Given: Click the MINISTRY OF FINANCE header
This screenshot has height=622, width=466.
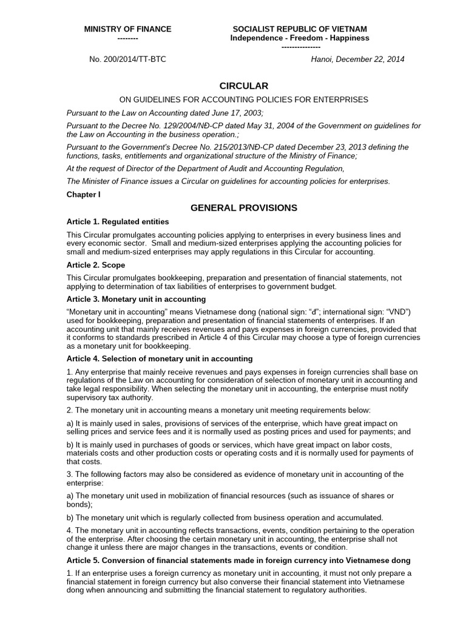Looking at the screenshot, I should click(127, 29).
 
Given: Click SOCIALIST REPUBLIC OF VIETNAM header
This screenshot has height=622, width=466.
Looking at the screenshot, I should click(300, 29).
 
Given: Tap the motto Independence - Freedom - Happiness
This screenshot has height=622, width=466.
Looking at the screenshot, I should click(300, 38).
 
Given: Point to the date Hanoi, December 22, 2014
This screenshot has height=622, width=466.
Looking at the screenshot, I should click(357, 59).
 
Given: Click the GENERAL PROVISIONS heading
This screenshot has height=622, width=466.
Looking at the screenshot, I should click(243, 208).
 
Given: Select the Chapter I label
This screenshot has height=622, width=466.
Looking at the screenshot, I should click(83, 194).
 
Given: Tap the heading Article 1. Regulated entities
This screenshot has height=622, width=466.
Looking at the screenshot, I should click(118, 221).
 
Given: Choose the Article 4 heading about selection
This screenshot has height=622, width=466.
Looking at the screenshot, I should click(159, 358).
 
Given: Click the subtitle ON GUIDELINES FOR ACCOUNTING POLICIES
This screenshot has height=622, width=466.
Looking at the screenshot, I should click(243, 99).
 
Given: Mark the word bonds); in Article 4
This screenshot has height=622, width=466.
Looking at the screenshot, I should click(79, 504).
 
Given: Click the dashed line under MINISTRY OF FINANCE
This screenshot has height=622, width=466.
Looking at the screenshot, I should click(127, 38).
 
